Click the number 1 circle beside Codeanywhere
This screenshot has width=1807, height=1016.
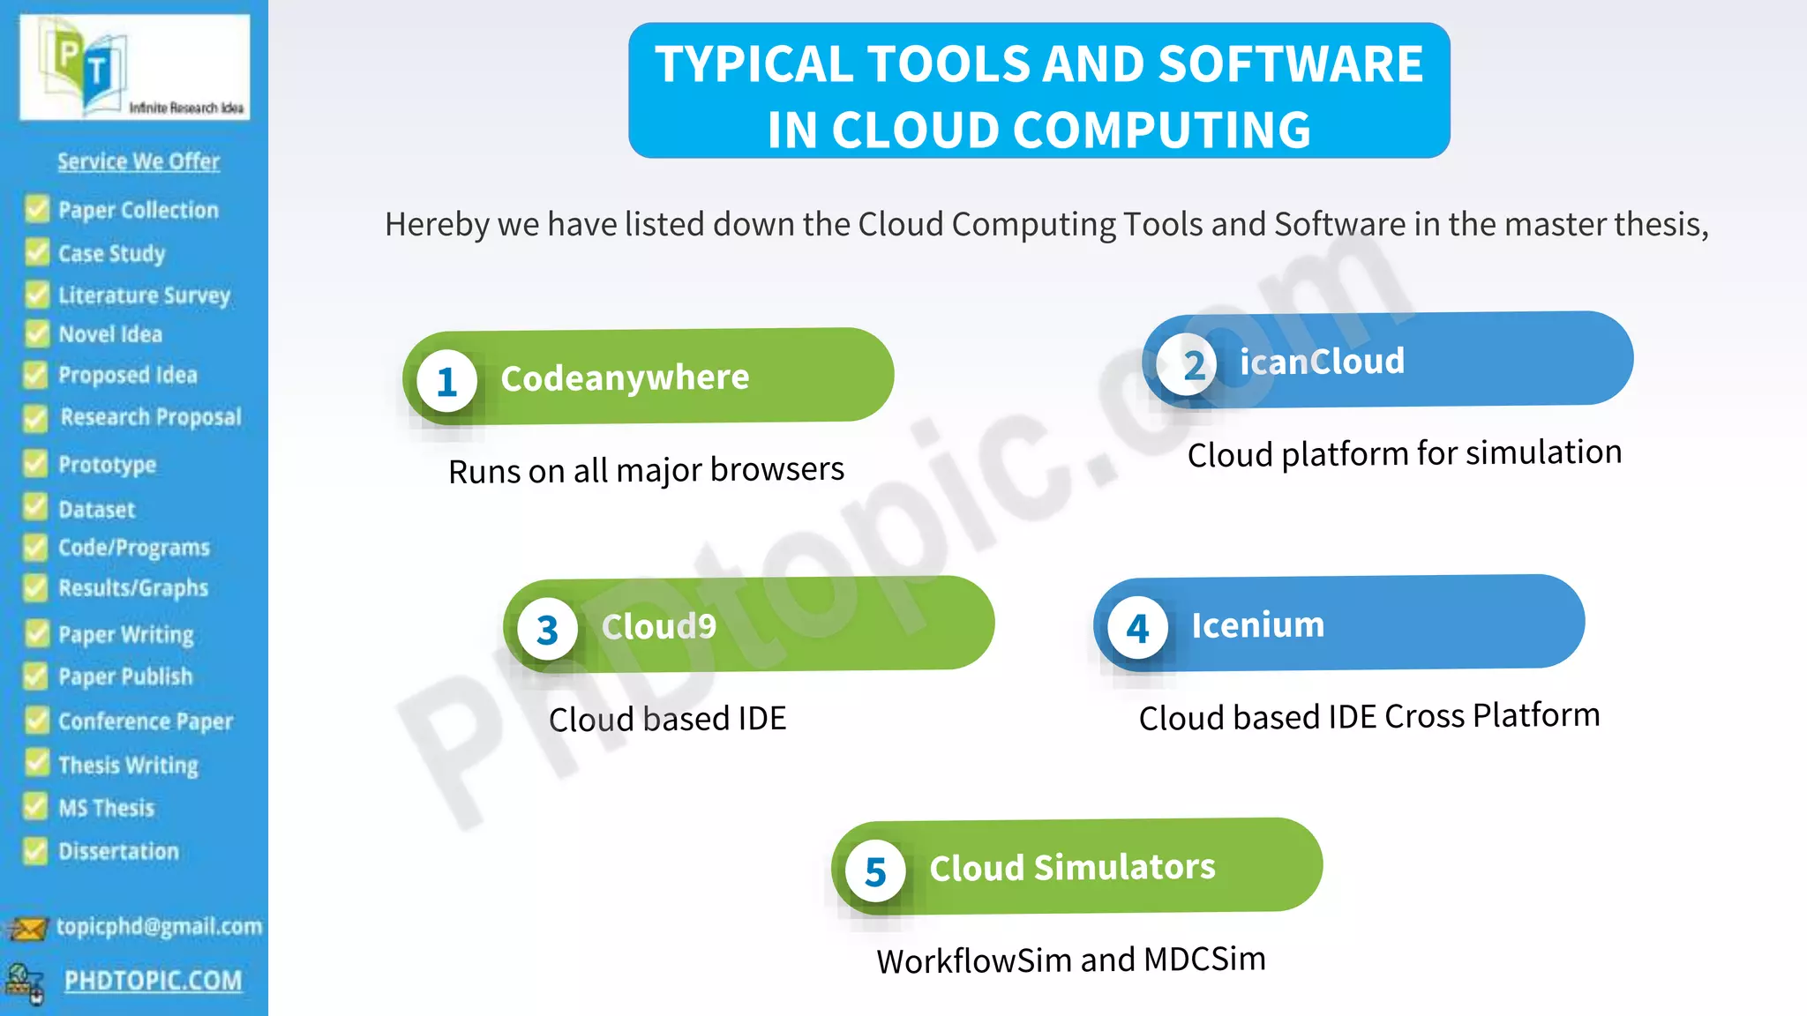tap(447, 382)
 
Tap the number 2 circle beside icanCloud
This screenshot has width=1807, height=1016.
tap(1187, 364)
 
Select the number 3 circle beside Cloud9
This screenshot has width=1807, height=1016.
tap(547, 630)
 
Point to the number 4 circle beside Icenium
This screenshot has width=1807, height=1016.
tap(1137, 629)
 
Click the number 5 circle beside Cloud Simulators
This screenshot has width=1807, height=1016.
tap(874, 872)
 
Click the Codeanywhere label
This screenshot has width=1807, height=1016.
tap(625, 377)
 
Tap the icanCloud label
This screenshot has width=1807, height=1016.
tap(1322, 362)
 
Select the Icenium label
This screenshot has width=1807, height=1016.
tap(1257, 625)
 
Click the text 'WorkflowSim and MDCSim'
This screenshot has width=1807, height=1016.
tap(1071, 960)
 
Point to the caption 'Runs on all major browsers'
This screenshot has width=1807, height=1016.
tap(646, 470)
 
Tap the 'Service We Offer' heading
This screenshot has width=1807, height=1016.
tap(139, 161)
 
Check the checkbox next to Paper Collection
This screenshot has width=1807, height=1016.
tap(37, 209)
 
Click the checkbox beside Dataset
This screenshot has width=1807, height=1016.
tap(35, 508)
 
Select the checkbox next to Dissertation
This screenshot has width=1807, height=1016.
tap(35, 850)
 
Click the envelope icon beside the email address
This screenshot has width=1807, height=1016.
tap(27, 929)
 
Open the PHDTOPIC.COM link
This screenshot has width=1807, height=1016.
tap(153, 980)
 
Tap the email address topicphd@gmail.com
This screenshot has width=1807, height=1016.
tap(159, 926)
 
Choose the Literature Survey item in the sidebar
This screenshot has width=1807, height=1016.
tap(144, 295)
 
